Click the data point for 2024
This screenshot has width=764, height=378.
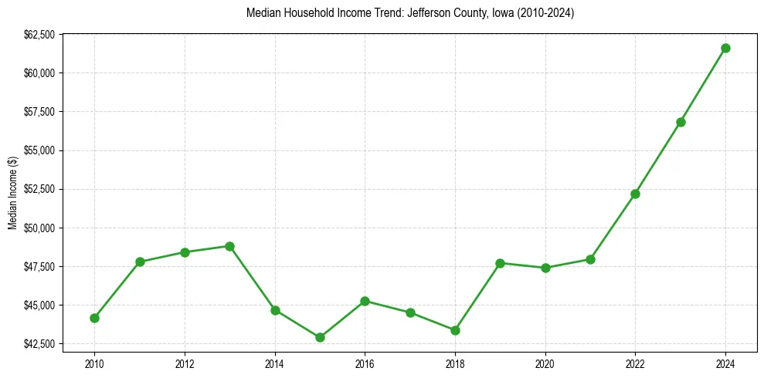pyautogui.click(x=725, y=48)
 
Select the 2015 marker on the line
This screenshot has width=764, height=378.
pyautogui.click(x=320, y=337)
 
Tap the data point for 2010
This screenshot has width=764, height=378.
pyautogui.click(x=94, y=318)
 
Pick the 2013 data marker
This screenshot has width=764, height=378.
pyautogui.click(x=229, y=246)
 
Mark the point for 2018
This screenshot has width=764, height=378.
pyautogui.click(x=455, y=330)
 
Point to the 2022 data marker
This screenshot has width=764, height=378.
pyautogui.click(x=635, y=194)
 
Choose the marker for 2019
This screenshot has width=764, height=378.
pyautogui.click(x=500, y=263)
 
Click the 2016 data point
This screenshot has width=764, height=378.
pyautogui.click(x=365, y=301)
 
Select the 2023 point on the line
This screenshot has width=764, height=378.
pyautogui.click(x=681, y=122)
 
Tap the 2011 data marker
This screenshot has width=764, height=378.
pyautogui.click(x=140, y=262)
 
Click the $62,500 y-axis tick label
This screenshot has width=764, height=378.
pyautogui.click(x=39, y=35)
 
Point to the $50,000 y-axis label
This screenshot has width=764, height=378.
pyautogui.click(x=39, y=228)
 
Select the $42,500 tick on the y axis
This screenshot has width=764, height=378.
pyautogui.click(x=39, y=343)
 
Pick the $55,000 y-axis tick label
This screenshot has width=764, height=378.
pyautogui.click(x=39, y=150)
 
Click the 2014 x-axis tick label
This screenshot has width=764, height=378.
pyautogui.click(x=275, y=362)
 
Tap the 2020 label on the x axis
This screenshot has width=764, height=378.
pyautogui.click(x=545, y=362)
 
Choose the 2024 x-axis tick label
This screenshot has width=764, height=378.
pyautogui.click(x=725, y=362)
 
